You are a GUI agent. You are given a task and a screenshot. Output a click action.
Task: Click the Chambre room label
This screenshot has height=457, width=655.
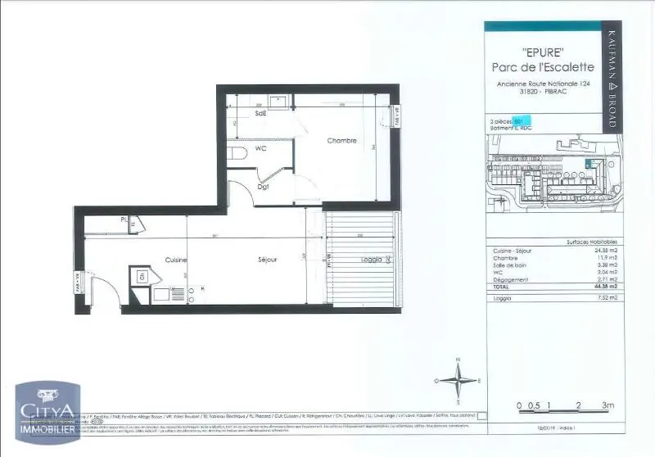tap(341, 141)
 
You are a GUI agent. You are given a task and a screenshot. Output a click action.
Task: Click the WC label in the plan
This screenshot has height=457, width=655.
tap(260, 150)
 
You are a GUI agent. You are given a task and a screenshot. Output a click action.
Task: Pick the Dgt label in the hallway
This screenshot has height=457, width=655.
tap(263, 187)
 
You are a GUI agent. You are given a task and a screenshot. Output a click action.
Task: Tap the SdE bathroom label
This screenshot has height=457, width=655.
tap(260, 113)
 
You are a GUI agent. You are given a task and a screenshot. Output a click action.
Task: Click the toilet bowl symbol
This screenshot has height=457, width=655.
tap(238, 153)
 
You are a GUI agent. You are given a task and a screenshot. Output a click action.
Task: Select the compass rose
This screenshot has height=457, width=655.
tap(459, 381)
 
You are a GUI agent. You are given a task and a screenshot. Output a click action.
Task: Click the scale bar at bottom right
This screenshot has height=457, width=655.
tap(560, 404)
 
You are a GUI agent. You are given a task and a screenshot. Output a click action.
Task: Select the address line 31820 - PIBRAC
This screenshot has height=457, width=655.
tap(542, 92)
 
